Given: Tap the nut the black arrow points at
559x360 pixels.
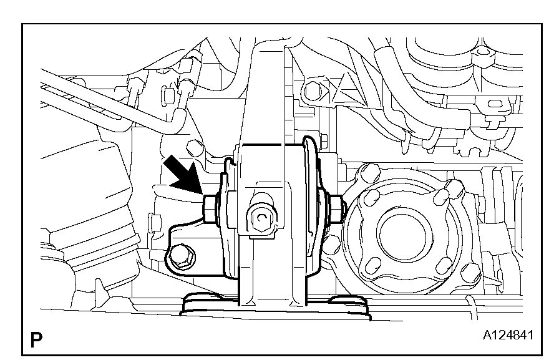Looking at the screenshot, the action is tap(210, 210).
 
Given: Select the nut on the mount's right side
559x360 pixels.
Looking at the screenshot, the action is tap(336, 210).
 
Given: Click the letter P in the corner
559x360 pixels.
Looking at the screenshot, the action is tap(36, 339).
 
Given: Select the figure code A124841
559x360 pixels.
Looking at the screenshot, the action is tap(508, 335).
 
